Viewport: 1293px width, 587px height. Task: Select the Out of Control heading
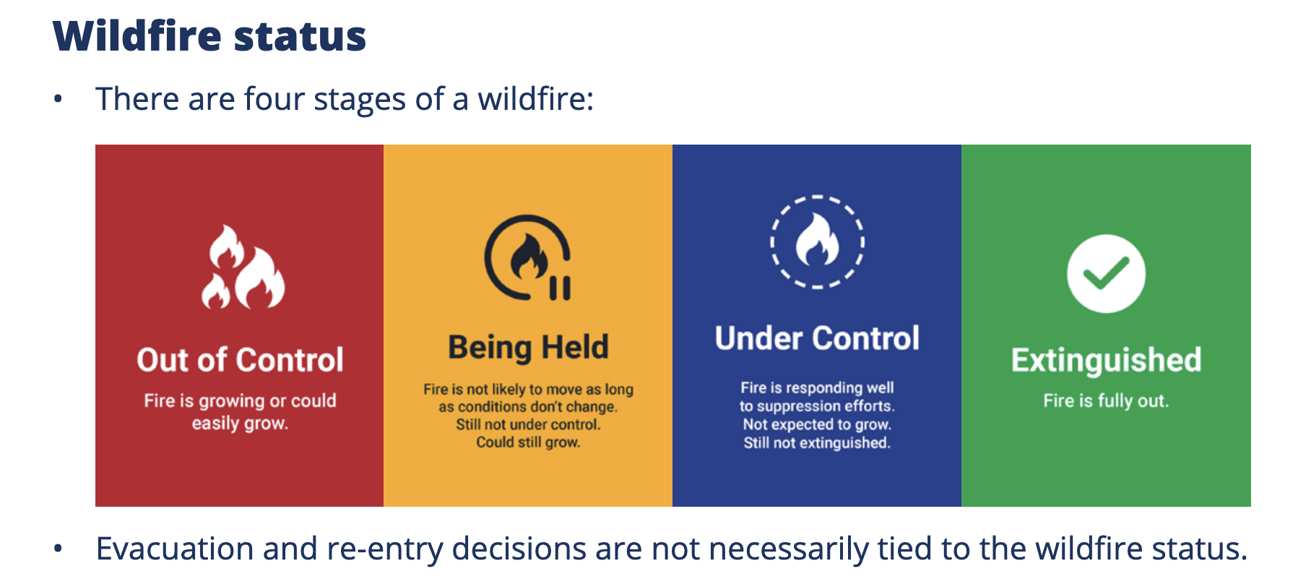(x=240, y=360)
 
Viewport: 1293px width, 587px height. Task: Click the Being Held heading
(x=528, y=348)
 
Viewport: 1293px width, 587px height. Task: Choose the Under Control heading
(x=817, y=338)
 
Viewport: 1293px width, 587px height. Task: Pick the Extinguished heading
(x=1106, y=360)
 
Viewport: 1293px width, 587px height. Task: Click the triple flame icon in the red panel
(x=243, y=267)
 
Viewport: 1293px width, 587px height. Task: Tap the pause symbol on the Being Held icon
(x=560, y=288)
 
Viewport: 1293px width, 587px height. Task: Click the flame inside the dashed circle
(x=817, y=241)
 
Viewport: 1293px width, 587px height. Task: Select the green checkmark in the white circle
(x=1106, y=274)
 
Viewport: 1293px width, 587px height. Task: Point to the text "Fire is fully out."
(x=1106, y=401)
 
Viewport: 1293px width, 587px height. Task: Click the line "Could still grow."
(x=528, y=442)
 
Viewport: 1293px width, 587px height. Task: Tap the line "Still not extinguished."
(x=817, y=442)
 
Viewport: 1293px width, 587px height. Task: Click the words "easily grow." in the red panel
(x=240, y=424)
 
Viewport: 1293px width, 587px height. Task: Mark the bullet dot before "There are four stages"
(x=58, y=100)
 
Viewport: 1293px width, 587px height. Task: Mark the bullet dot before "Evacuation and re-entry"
(x=58, y=549)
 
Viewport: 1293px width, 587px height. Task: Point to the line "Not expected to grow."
(x=817, y=424)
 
